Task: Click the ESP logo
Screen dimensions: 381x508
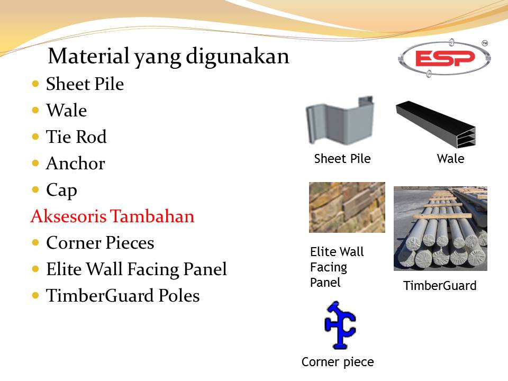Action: (x=444, y=58)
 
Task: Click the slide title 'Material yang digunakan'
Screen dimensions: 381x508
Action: (x=168, y=56)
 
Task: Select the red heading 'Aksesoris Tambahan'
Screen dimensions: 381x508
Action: (x=112, y=216)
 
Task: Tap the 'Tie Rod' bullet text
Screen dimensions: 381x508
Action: (x=76, y=137)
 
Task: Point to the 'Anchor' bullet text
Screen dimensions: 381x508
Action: (x=75, y=164)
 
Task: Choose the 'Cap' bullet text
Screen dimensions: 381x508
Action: (x=61, y=190)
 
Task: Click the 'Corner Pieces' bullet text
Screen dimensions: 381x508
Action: (x=100, y=243)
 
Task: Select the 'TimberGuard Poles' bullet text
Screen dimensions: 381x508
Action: (x=123, y=296)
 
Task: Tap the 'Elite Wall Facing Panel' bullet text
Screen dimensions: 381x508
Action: (x=136, y=269)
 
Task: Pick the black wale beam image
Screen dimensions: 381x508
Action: (x=437, y=124)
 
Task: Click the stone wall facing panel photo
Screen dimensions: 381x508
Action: (x=347, y=207)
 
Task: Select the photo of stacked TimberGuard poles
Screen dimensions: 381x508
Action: (x=440, y=228)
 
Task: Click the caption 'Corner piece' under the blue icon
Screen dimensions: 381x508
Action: (x=338, y=362)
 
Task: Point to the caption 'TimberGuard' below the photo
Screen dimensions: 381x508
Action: (x=440, y=286)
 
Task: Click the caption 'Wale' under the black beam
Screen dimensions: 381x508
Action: (x=450, y=159)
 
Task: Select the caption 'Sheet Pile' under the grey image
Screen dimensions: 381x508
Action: (x=342, y=159)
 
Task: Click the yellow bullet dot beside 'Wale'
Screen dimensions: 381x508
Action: (x=35, y=111)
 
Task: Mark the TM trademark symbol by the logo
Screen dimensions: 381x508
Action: (x=485, y=43)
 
